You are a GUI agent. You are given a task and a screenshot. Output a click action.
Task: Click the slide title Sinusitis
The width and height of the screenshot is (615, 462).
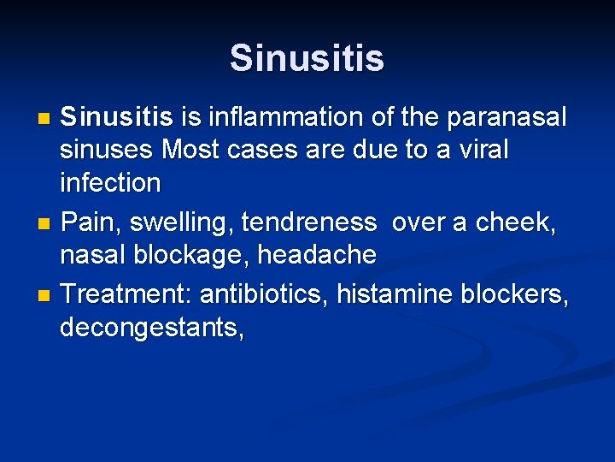[x=307, y=58]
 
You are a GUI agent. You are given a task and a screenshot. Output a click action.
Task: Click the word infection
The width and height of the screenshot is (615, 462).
[x=110, y=182]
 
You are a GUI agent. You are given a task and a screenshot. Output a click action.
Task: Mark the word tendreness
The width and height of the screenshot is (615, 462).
[x=308, y=222]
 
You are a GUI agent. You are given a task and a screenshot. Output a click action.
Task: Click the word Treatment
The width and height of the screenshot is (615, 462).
[x=127, y=294]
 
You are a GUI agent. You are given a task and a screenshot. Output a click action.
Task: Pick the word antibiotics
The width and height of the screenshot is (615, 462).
[x=264, y=294]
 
